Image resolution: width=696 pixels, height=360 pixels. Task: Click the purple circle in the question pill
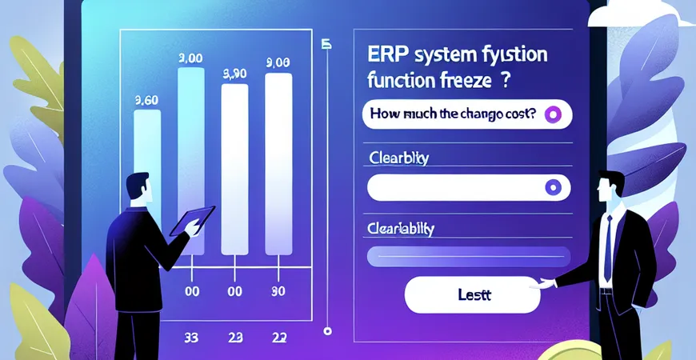[552, 115]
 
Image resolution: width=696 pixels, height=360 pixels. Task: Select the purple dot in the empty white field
[550, 187]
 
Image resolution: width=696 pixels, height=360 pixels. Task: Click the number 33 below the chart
[190, 337]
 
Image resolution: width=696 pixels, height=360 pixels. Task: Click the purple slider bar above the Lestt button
[468, 256]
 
